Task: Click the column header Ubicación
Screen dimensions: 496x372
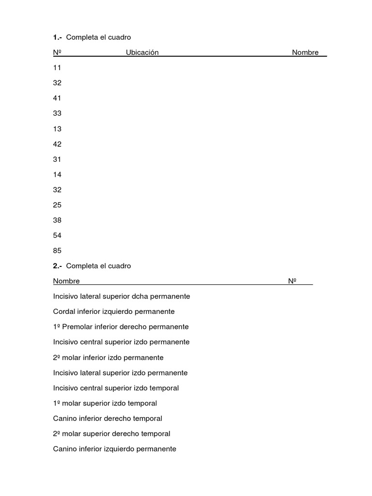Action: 142,52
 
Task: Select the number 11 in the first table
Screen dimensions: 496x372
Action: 57,68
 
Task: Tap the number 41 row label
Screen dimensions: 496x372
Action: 57,98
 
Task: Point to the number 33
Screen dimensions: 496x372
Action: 57,113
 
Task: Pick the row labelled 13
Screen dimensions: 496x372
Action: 57,129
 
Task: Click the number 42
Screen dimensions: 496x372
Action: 57,144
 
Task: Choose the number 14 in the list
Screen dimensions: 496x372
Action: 57,174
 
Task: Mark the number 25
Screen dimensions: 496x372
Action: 57,205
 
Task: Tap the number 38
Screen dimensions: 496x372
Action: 57,220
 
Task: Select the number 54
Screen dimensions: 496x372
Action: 57,235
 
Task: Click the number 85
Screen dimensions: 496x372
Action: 57,251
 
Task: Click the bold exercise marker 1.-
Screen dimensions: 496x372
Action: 57,37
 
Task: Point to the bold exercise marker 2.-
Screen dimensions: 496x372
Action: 57,266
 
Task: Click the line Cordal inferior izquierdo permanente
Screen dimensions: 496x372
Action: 114,311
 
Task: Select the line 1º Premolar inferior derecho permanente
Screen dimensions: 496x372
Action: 121,327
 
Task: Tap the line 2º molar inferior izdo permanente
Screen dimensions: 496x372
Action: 108,357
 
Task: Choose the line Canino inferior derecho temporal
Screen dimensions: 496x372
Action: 108,418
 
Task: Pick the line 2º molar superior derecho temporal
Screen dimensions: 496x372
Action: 111,434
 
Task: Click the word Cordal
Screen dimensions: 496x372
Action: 64,311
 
